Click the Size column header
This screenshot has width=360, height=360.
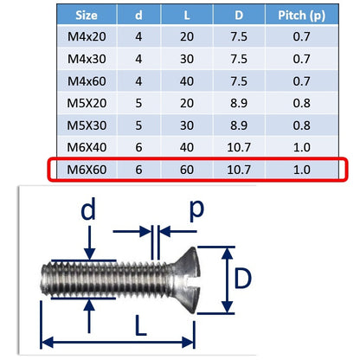pos(87,15)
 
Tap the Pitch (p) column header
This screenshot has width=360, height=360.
pos(301,16)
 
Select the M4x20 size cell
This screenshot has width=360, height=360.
pos(87,36)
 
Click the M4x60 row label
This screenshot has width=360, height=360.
pos(87,81)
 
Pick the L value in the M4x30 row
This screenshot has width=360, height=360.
pos(187,59)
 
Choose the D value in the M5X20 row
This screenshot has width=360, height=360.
pos(239,103)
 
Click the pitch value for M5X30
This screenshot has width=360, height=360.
pos(301,125)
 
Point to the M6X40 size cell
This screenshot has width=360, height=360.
pos(87,147)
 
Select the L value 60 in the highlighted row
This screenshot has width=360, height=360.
pos(187,170)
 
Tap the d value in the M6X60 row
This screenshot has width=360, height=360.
pos(138,170)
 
